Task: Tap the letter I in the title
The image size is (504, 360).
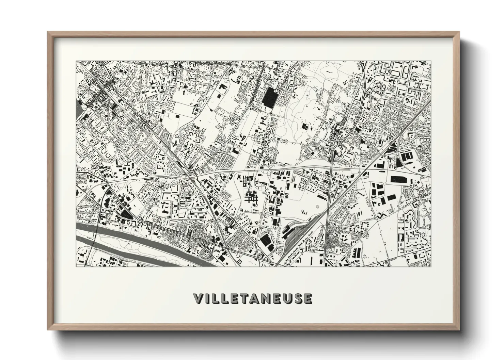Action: tap(208, 298)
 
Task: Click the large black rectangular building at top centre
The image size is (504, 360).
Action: tap(270, 97)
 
